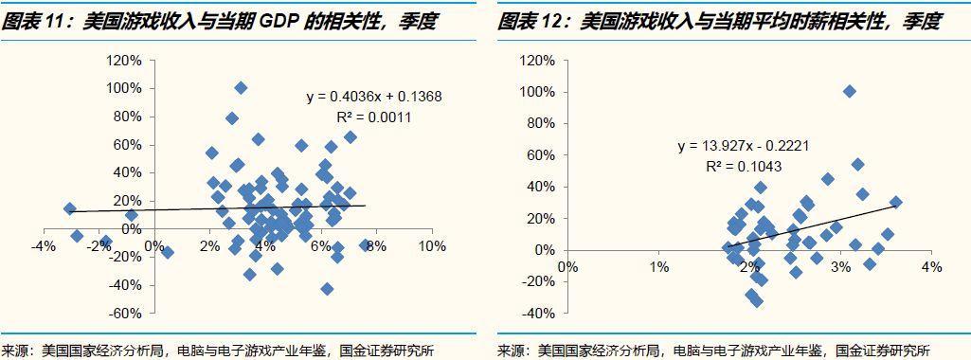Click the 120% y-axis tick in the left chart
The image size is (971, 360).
125,60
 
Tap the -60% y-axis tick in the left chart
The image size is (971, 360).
125,314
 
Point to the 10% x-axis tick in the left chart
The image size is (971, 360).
432,246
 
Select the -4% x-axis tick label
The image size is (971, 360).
42,246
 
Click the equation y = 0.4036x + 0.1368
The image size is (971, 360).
374,97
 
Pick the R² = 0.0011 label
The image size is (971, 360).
374,117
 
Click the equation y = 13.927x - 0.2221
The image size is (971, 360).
743,146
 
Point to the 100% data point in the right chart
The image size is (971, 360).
850,92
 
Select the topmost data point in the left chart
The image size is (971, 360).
241,88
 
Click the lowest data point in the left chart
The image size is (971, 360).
327,289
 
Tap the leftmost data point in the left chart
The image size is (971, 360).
69,208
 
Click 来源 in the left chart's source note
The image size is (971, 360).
16,351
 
